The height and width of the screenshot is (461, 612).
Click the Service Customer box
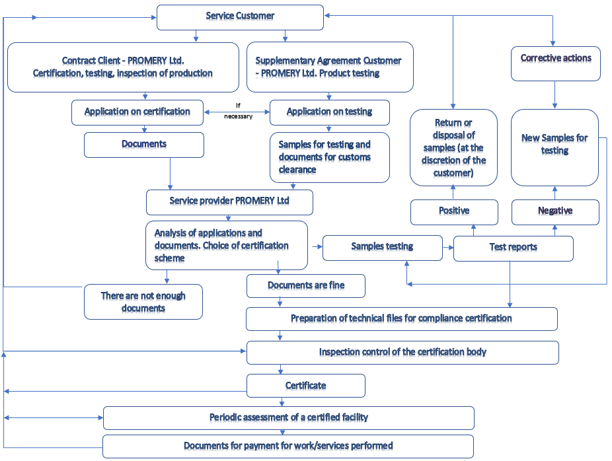pos(240,17)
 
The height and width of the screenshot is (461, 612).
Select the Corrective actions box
pos(556,63)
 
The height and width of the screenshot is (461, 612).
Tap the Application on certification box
pos(137,112)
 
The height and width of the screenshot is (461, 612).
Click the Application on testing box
pos(329,112)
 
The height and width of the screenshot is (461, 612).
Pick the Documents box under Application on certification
pos(143,144)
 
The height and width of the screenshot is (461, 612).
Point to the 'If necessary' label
pos(238,110)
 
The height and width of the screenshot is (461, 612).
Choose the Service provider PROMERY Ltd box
pos(229,201)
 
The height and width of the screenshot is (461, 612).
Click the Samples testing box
pos(382,247)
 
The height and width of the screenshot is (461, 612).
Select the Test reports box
pos(513,248)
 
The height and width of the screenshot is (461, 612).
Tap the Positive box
pos(453,211)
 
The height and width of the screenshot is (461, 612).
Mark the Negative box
pos(555,211)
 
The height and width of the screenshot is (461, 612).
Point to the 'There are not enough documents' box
pos(143,302)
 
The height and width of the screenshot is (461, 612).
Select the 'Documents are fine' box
pos(305,285)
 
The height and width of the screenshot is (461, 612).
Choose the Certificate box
pos(305,385)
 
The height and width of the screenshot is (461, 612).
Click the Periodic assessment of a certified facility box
pos(289,417)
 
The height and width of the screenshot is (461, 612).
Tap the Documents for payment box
pos(288,446)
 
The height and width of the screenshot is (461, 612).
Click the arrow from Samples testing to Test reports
pos(448,248)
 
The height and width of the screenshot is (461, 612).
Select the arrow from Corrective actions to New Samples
pos(555,95)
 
